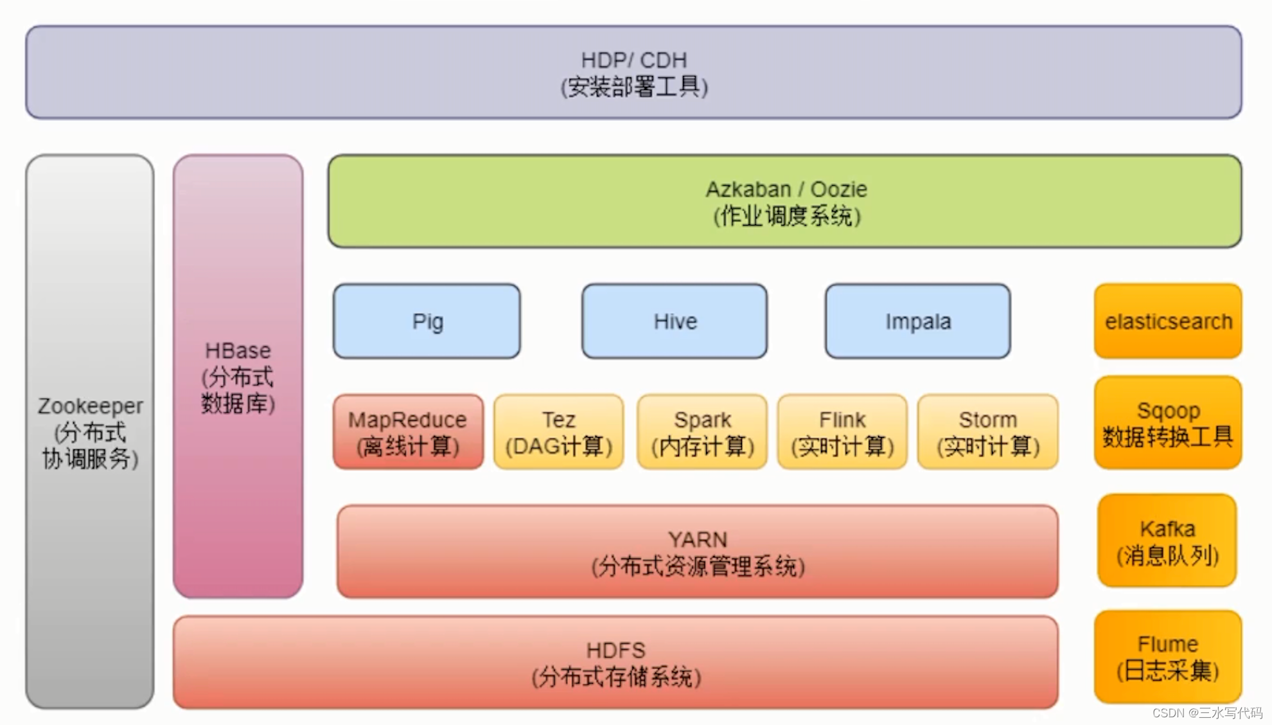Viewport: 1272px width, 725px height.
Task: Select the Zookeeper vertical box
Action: coord(90,431)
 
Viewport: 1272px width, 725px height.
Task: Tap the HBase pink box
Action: coord(238,377)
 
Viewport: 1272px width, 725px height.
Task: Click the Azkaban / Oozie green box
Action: coord(784,201)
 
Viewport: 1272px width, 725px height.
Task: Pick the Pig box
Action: coord(427,321)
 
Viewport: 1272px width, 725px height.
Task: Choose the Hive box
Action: coord(675,321)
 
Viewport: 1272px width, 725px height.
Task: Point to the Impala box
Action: coord(917,321)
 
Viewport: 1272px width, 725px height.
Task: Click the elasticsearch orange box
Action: coord(1168,321)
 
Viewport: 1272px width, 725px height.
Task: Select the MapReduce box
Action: coord(408,432)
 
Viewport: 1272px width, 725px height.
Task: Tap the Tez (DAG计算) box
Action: coord(558,432)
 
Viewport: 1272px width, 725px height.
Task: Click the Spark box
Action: coord(702,432)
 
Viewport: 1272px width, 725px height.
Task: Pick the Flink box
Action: coord(842,432)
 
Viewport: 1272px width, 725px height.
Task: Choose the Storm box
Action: coord(987,432)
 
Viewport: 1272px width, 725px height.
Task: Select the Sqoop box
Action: coord(1168,423)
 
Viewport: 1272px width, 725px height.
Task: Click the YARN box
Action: coord(698,551)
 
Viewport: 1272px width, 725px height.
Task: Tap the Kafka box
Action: coord(1167,541)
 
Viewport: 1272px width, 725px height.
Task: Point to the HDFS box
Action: coord(615,663)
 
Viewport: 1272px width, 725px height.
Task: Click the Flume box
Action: coord(1168,657)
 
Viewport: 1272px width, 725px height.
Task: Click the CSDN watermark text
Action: coord(1206,713)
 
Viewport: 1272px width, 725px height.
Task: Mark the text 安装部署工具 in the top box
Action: coord(634,87)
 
